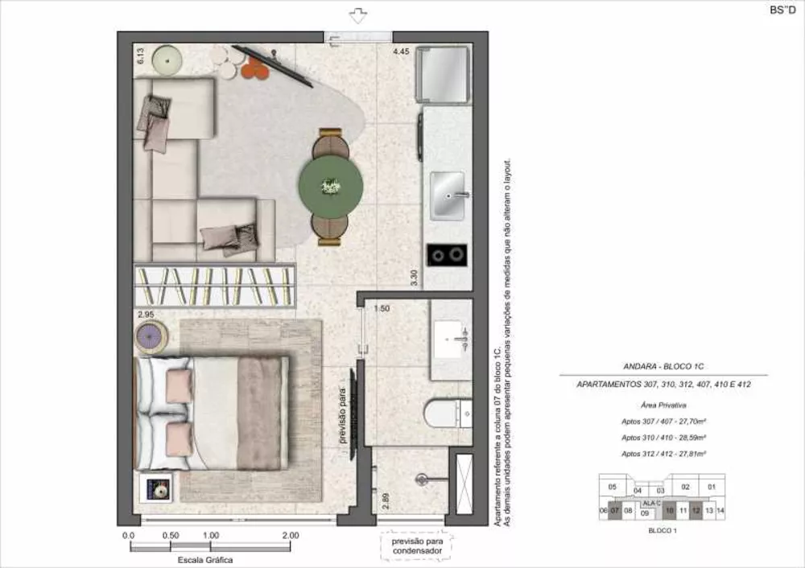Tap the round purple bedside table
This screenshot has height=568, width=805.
[x=151, y=337]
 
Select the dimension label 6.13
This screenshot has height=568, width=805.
[x=140, y=56]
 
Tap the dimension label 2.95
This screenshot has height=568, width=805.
[x=146, y=314]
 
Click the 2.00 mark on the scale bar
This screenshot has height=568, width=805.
[x=291, y=535]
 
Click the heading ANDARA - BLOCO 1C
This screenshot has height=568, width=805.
[x=663, y=364]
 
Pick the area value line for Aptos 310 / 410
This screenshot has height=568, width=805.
[x=664, y=438]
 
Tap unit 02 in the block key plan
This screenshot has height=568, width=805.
[x=685, y=487]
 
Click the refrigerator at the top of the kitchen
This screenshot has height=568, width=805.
[x=441, y=73]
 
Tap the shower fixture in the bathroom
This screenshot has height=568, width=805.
[x=421, y=480]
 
